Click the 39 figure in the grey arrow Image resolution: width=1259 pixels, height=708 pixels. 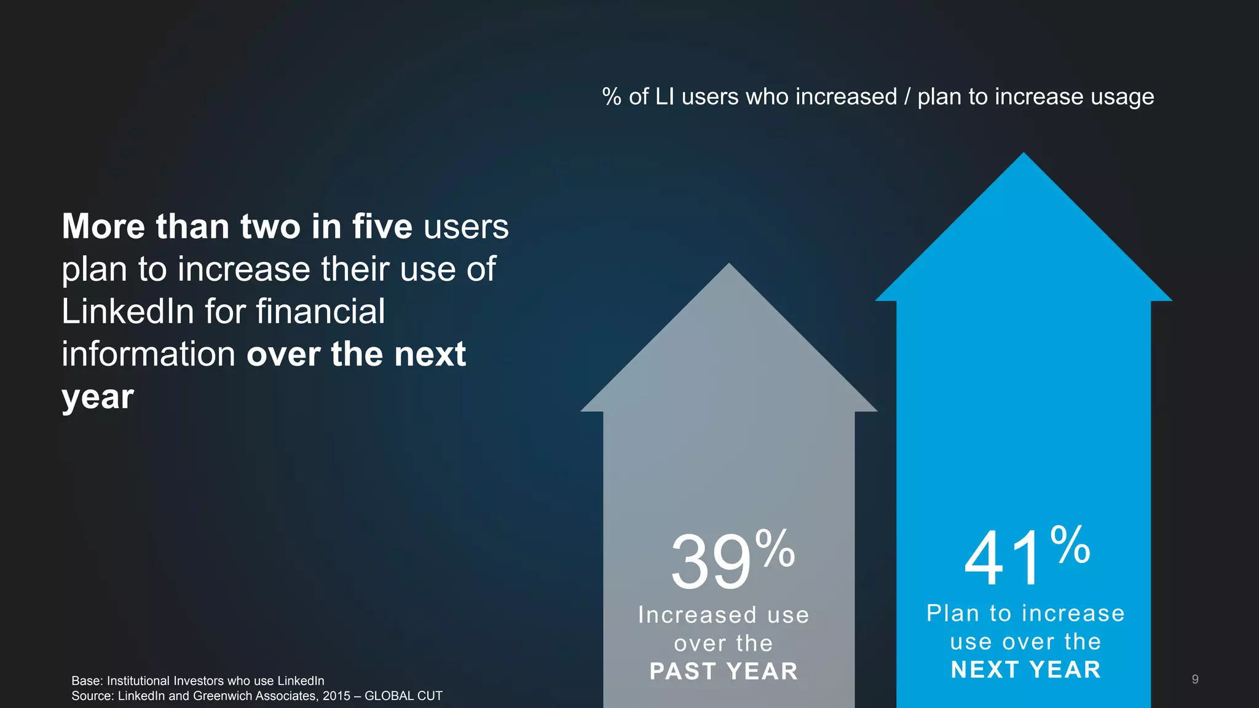point(711,562)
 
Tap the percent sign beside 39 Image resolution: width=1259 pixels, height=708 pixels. point(775,548)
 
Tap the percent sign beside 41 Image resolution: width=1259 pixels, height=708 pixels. point(1070,544)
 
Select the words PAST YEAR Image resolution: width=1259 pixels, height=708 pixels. point(724,671)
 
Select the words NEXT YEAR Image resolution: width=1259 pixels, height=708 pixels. point(1025,670)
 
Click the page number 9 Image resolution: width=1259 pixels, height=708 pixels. point(1195,679)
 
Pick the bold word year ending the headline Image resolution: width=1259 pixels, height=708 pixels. point(98,396)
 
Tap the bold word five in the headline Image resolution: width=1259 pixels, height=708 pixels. point(382,226)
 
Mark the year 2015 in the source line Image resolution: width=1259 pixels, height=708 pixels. point(336,696)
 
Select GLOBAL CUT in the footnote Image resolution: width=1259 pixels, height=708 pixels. point(403,696)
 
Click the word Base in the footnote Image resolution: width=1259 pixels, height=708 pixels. point(86,681)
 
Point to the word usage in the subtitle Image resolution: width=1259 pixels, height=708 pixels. point(1122,97)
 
